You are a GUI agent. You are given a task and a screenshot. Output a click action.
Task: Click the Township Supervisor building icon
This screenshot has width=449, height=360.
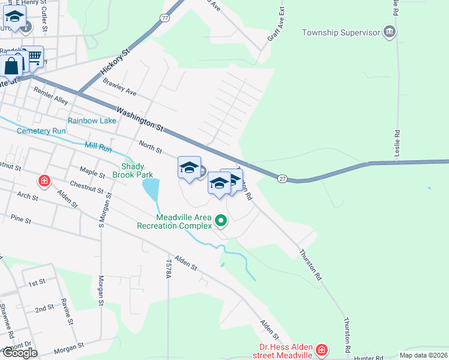coord(390,32)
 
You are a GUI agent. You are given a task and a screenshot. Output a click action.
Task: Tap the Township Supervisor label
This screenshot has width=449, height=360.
coord(342,32)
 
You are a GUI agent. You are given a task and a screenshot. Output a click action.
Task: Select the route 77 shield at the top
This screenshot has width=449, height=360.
coord(165,19)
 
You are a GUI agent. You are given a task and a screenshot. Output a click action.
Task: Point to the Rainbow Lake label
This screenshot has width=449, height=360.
coord(92,121)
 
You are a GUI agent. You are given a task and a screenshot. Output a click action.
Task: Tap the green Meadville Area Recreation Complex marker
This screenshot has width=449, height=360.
coord(221,221)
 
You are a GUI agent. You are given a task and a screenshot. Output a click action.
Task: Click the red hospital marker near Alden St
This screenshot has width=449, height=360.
coord(44,180)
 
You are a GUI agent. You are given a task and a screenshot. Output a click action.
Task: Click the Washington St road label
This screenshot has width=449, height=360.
coord(140,119)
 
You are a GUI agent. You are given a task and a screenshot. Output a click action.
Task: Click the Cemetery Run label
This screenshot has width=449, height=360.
coord(41,131)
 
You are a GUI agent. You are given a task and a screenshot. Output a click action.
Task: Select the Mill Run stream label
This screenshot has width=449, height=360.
coord(98,146)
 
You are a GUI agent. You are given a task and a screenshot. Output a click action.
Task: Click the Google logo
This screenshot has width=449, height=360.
coord(20,353)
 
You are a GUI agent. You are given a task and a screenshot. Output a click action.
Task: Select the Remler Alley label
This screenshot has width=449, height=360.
coord(51,95)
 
